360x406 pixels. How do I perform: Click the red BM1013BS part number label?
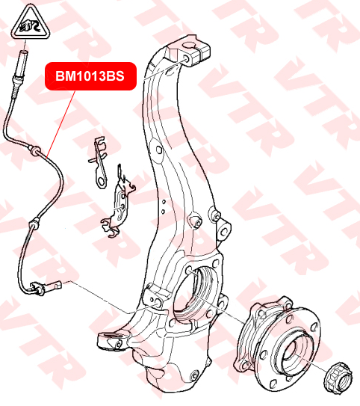(90, 76)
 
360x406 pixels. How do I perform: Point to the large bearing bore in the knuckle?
(196, 292)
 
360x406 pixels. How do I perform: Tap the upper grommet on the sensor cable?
(34, 150)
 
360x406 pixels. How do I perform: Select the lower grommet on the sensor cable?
(34, 224)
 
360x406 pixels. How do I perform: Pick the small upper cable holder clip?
(99, 162)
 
